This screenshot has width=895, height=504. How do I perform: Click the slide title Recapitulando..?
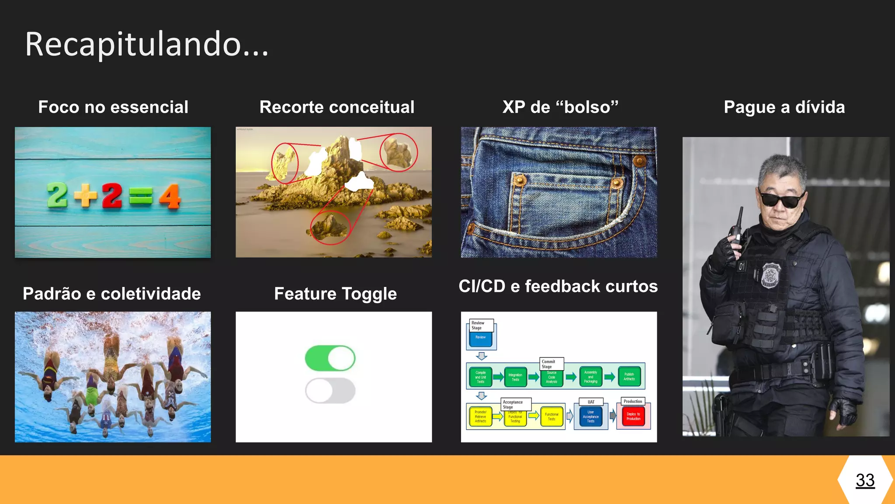[146, 45]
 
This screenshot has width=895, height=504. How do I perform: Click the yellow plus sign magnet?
[86, 195]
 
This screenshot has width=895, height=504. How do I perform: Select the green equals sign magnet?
[141, 196]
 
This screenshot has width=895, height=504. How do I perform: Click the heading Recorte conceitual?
[336, 107]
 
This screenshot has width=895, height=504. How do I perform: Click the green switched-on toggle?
[330, 358]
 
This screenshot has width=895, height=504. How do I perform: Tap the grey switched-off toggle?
[330, 391]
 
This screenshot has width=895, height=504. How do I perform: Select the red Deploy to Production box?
[633, 416]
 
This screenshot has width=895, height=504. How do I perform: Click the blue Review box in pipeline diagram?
[481, 338]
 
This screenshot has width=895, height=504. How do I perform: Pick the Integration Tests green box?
[515, 377]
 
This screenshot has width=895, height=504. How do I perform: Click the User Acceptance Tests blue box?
[590, 416]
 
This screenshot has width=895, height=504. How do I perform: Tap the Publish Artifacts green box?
[629, 377]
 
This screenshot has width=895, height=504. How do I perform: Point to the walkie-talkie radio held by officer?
[738, 230]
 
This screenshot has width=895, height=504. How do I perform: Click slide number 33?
[865, 480]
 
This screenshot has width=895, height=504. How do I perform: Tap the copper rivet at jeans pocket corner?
[639, 161]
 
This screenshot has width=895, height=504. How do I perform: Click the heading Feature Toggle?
[335, 294]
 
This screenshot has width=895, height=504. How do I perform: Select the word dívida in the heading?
[820, 107]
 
